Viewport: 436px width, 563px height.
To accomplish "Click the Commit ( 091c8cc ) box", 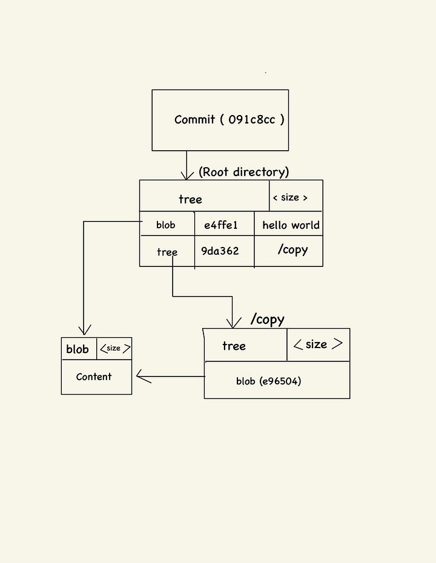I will (220, 120).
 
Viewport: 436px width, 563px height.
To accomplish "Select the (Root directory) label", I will (243, 172).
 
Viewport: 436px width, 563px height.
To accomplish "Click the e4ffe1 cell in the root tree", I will (221, 225).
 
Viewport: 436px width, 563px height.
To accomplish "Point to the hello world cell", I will (291, 225).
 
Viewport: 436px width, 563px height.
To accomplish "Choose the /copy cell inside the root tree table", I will (292, 250).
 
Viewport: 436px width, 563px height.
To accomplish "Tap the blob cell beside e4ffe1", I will (166, 225).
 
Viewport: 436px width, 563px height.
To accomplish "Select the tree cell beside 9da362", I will (167, 252).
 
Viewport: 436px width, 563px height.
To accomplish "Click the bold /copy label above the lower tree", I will (267, 319).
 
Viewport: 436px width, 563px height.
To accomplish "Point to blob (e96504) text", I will (269, 381).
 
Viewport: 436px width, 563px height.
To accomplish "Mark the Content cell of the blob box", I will (94, 377).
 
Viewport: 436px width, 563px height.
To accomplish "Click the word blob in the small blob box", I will (78, 349).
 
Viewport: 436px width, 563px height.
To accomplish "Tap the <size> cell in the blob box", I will (114, 348).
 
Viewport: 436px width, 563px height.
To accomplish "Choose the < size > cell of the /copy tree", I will (318, 344).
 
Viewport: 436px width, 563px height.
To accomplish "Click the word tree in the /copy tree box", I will (234, 346).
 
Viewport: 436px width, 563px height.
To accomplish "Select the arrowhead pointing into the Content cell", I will (142, 377).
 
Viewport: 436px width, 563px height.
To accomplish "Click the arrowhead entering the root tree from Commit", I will (186, 175).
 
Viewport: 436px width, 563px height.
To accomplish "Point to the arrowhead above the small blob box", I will (84, 329).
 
